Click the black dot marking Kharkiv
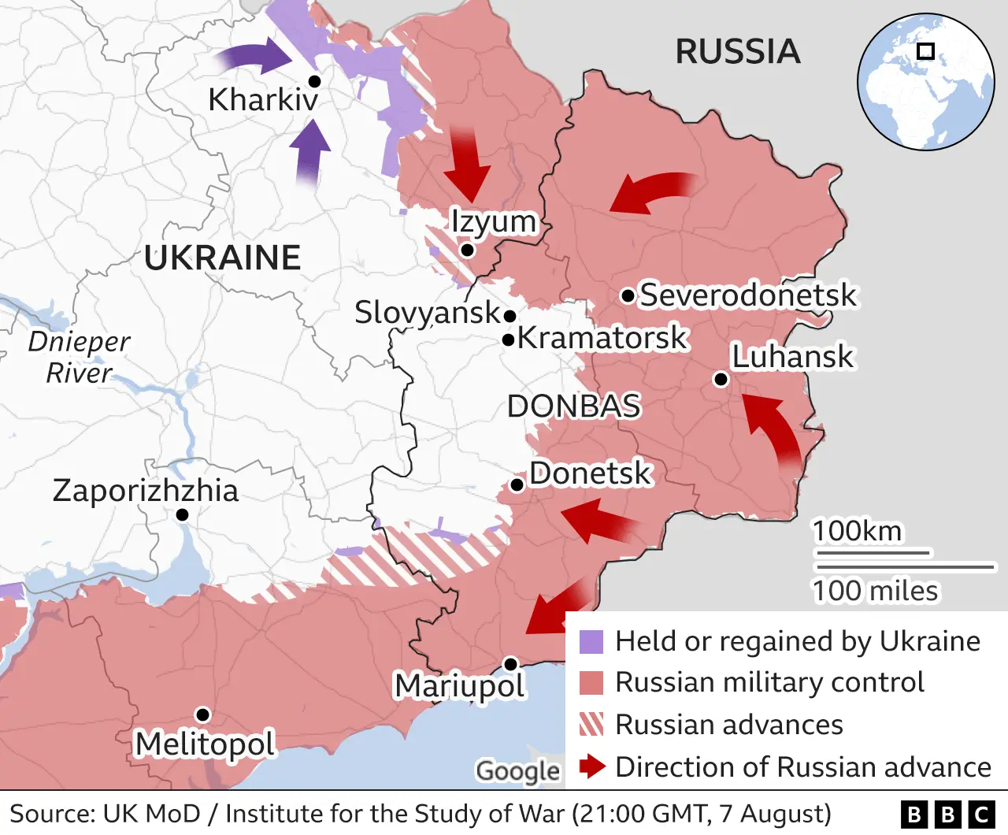click(x=314, y=81)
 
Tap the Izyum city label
click(x=493, y=221)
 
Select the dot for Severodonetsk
click(x=628, y=296)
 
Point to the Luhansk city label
click(x=791, y=356)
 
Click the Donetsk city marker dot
click(x=517, y=484)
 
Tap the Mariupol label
click(x=459, y=685)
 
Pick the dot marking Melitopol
click(x=202, y=714)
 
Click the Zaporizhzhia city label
click(x=146, y=490)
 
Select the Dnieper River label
click(x=79, y=357)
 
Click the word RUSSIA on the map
click(x=738, y=52)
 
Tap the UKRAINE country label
click(x=223, y=258)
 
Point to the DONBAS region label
click(x=573, y=406)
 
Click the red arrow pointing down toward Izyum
click(x=468, y=164)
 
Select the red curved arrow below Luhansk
click(x=776, y=429)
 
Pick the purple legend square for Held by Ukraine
click(x=591, y=642)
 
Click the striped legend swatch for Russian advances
click(x=591, y=724)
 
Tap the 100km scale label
click(x=857, y=531)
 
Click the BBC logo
click(x=947, y=814)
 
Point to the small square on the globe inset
click(x=926, y=51)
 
